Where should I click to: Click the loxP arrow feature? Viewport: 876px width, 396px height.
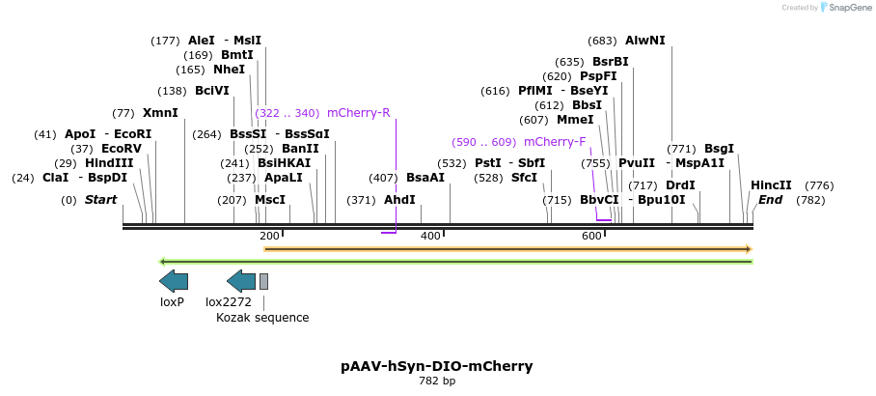pos(174,281)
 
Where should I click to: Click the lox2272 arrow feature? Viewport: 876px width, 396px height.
pos(241,281)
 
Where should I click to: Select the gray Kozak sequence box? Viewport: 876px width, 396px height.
pos(263,281)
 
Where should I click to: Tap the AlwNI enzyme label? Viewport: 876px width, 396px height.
pos(644,41)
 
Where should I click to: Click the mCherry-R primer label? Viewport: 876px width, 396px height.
pos(358,113)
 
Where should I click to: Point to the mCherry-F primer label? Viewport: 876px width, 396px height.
pos(555,142)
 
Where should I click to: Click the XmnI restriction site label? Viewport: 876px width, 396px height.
pos(160,113)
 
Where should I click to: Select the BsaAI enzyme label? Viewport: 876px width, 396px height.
pos(424,178)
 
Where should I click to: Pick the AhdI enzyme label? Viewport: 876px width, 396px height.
pos(399,200)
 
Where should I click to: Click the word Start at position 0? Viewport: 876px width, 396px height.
pos(101,200)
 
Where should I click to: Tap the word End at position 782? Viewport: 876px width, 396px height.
pos(770,200)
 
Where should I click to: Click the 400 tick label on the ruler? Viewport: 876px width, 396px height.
pos(430,236)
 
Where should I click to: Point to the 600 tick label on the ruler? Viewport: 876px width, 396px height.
pos(591,236)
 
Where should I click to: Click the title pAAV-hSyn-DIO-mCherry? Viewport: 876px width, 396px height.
pos(436,366)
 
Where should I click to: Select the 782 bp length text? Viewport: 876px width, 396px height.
pos(436,382)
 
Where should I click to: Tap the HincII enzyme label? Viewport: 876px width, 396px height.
pos(771,185)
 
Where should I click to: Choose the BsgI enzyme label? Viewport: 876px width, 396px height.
pos(719,149)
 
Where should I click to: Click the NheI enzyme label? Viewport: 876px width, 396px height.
pos(230,70)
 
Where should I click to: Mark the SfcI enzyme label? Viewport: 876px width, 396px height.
pos(524,178)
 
